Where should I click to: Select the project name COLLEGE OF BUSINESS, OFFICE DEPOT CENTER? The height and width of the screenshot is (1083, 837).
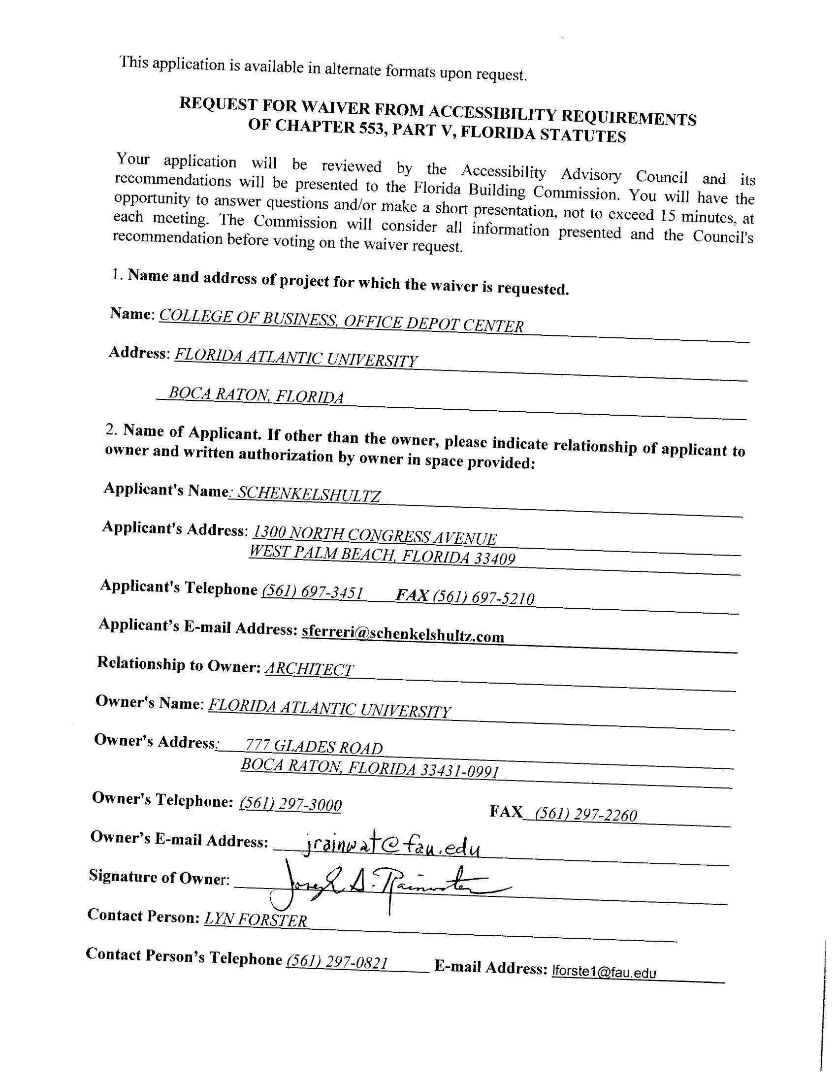[x=341, y=321]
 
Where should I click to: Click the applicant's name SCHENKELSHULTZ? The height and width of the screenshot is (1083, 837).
[x=309, y=494]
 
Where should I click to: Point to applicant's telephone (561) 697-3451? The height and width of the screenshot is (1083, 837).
[x=312, y=592]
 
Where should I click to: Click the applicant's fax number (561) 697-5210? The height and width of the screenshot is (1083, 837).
[x=483, y=597]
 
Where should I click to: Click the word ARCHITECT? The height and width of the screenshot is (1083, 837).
[x=309, y=669]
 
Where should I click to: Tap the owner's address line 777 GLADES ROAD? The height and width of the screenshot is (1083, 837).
[x=314, y=746]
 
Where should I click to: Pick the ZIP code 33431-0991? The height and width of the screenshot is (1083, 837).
[x=460, y=770]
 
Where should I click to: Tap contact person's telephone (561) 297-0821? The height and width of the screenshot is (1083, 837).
[x=337, y=962]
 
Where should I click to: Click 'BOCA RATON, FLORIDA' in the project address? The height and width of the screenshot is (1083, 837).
[x=256, y=395]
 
